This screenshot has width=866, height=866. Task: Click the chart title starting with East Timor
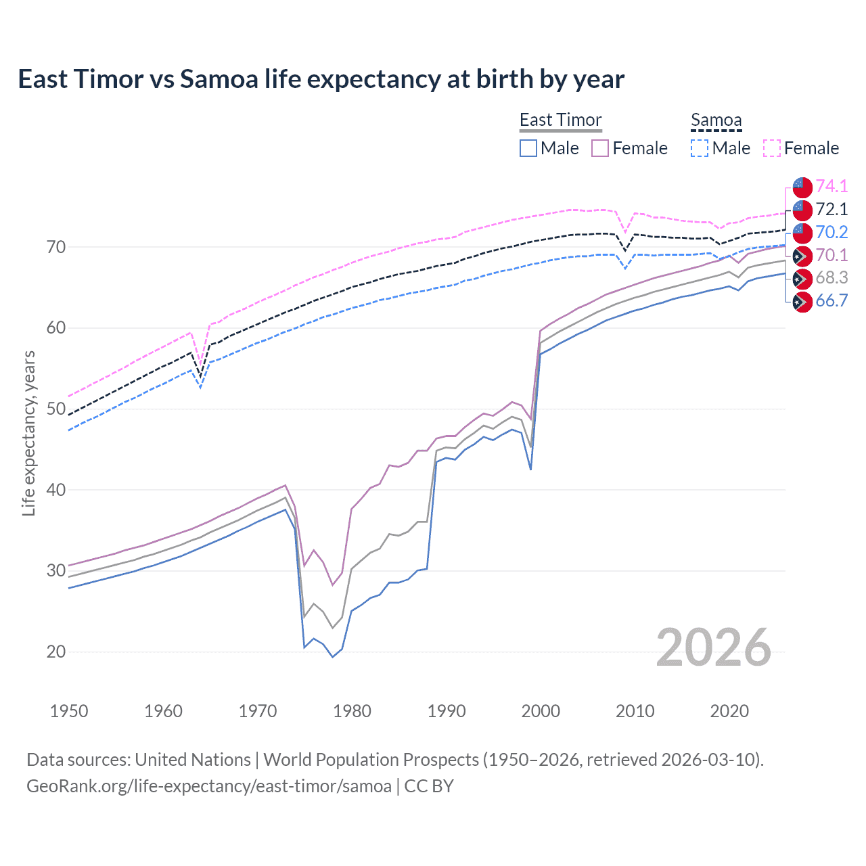tap(321, 79)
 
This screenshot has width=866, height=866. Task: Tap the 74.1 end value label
tap(831, 186)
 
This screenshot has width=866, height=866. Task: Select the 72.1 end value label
tap(831, 209)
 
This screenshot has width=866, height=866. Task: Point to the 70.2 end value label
tap(831, 232)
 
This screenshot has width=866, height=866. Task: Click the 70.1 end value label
tap(831, 255)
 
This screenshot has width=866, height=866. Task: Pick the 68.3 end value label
tap(831, 278)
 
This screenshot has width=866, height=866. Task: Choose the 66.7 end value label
tap(831, 301)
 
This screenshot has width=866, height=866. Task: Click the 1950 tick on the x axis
tap(69, 711)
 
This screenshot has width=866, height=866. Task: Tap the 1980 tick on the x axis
tap(352, 711)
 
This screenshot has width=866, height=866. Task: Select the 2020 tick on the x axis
tap(729, 711)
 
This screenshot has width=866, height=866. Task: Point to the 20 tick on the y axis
tap(56, 652)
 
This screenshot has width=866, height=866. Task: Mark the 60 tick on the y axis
tap(56, 328)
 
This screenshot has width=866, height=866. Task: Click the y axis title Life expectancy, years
tap(28, 433)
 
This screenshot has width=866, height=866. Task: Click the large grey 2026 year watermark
tap(713, 647)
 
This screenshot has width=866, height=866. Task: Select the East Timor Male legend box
tap(528, 148)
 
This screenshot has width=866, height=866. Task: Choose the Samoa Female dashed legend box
tap(772, 148)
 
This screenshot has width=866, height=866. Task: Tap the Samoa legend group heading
tap(716, 120)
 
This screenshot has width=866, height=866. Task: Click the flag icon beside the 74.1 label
tap(802, 187)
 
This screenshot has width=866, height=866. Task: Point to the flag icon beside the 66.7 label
tap(802, 302)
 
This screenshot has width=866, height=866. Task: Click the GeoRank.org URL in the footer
tap(209, 786)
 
